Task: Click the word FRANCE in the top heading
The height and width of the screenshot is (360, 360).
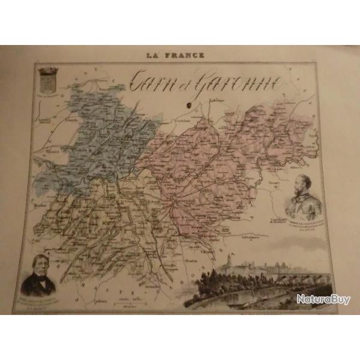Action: [187, 55]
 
